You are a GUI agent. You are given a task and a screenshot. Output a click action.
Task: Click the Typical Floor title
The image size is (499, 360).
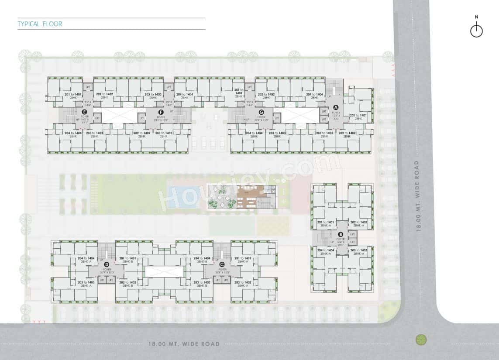(40, 24)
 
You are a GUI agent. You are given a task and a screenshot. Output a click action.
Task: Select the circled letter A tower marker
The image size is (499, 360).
(336, 107)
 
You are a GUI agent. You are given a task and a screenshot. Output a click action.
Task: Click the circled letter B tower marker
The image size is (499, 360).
(341, 234)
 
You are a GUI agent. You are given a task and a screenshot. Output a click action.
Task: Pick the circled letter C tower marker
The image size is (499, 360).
(222, 264)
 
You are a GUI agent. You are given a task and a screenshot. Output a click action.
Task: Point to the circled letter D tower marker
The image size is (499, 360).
(106, 264)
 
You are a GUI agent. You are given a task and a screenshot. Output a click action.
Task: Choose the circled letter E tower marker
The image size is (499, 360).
(85, 112)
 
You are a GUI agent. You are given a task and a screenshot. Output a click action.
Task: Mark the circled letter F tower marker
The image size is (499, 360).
(161, 112)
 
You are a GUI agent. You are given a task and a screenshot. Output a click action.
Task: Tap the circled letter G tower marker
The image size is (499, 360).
(261, 112)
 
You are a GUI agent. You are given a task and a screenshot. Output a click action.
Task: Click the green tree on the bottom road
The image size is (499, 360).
(421, 339)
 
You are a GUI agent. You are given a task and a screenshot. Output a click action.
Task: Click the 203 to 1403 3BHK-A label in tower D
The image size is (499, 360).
(85, 284)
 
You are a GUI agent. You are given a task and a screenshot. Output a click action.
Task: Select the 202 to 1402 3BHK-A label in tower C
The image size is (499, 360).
(241, 284)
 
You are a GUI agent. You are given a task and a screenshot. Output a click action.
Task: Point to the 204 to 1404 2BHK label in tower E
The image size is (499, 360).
(72, 134)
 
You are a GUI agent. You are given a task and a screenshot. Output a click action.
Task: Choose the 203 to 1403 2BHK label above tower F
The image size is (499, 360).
(153, 96)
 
